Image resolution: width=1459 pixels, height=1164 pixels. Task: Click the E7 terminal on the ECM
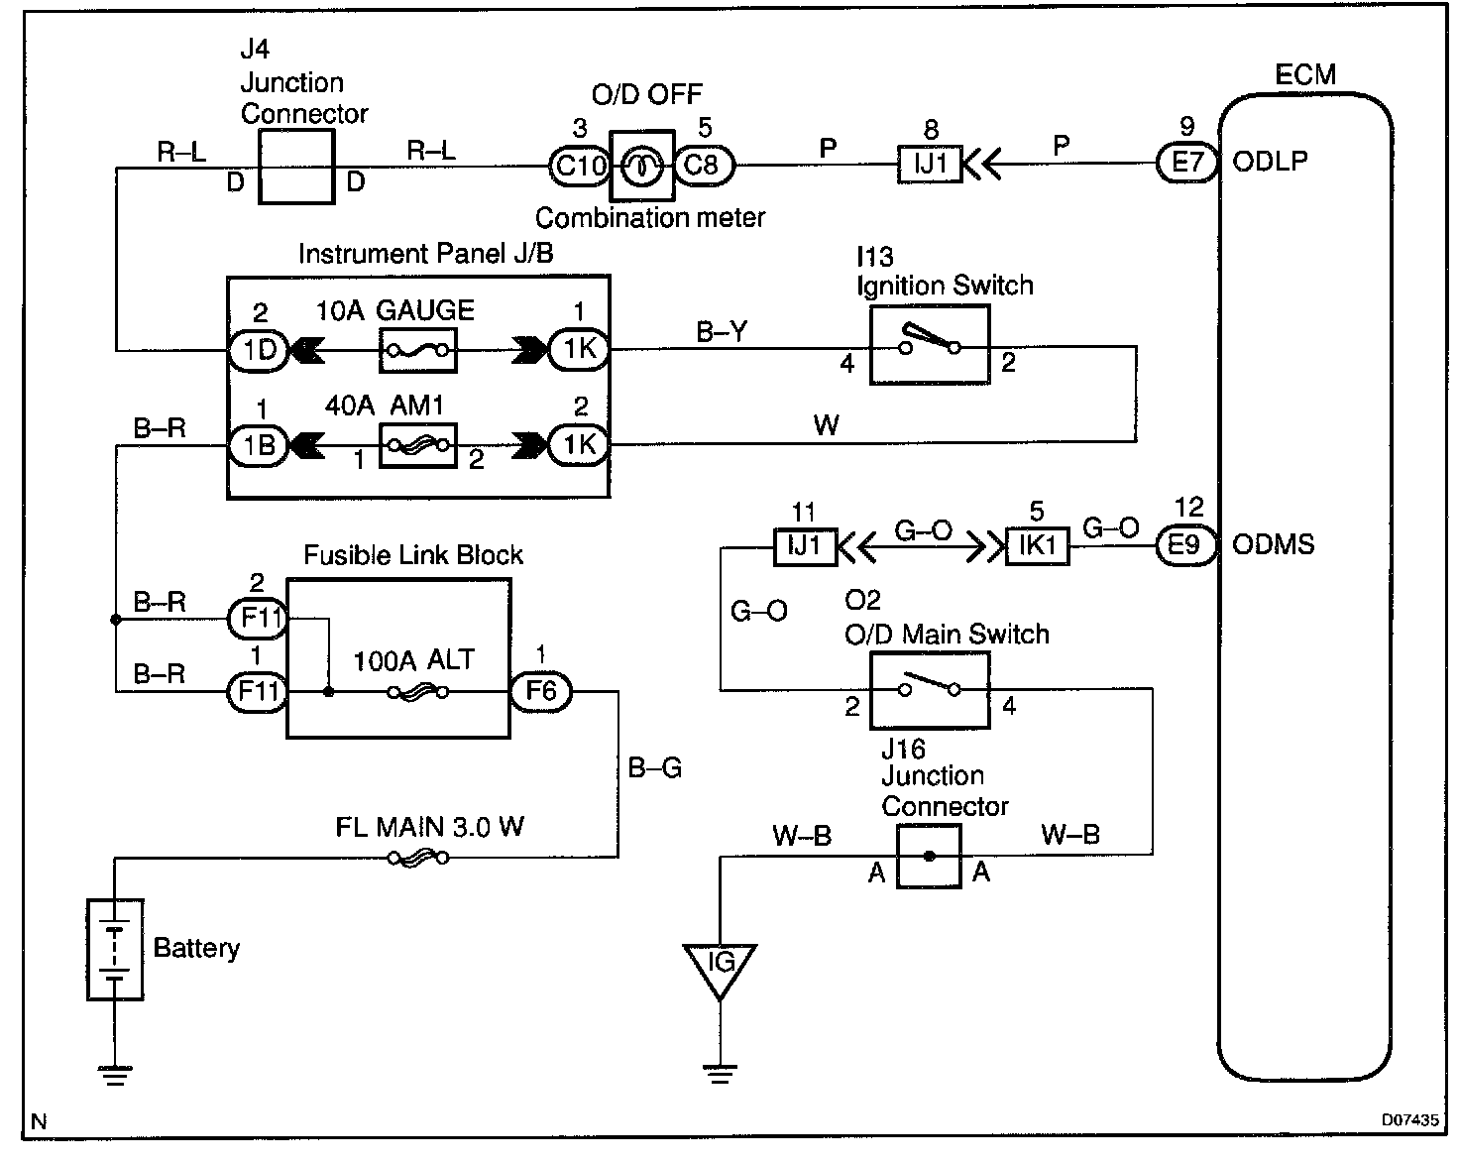click(1186, 163)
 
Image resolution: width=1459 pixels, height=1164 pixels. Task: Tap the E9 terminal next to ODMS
click(1186, 544)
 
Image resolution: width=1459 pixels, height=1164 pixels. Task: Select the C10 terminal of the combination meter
click(580, 166)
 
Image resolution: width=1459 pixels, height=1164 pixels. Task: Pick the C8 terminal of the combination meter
click(704, 166)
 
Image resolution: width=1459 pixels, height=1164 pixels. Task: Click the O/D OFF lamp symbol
click(642, 167)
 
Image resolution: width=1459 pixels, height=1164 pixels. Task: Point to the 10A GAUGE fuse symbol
click(417, 351)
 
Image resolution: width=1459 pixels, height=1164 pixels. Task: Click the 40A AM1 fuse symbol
click(417, 445)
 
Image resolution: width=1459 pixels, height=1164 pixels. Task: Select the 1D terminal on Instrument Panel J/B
click(259, 351)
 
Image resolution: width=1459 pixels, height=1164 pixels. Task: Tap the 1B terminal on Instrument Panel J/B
click(259, 445)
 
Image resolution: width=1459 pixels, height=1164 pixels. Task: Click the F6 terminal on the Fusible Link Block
click(541, 692)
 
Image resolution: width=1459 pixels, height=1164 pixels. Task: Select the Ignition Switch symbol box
click(930, 345)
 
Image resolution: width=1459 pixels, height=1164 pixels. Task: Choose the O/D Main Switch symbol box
click(930, 690)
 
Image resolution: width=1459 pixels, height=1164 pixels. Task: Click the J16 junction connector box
click(929, 856)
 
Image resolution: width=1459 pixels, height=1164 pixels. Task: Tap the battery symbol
click(115, 950)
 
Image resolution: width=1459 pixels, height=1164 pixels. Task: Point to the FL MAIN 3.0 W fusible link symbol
click(417, 858)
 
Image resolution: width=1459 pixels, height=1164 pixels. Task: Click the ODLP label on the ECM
click(1270, 162)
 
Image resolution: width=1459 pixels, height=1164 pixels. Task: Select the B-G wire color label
click(655, 767)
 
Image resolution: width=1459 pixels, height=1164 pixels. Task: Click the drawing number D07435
click(1410, 1120)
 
